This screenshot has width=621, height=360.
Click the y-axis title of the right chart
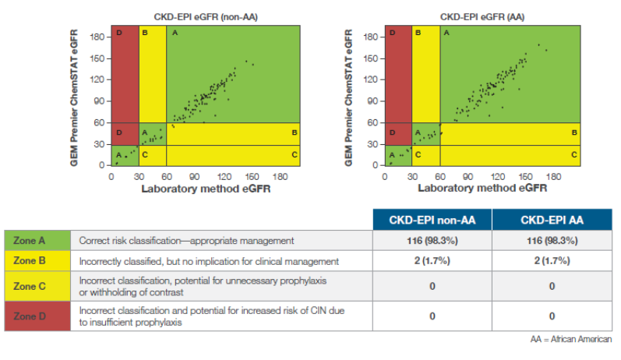coord(351,99)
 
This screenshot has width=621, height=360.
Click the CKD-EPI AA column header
coord(552,220)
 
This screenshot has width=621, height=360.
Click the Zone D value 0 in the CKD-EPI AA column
coord(552,316)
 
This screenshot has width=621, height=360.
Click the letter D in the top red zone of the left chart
coord(118,33)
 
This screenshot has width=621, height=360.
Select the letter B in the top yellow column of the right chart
coord(418,33)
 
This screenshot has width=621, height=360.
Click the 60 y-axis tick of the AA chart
coord(372,123)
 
